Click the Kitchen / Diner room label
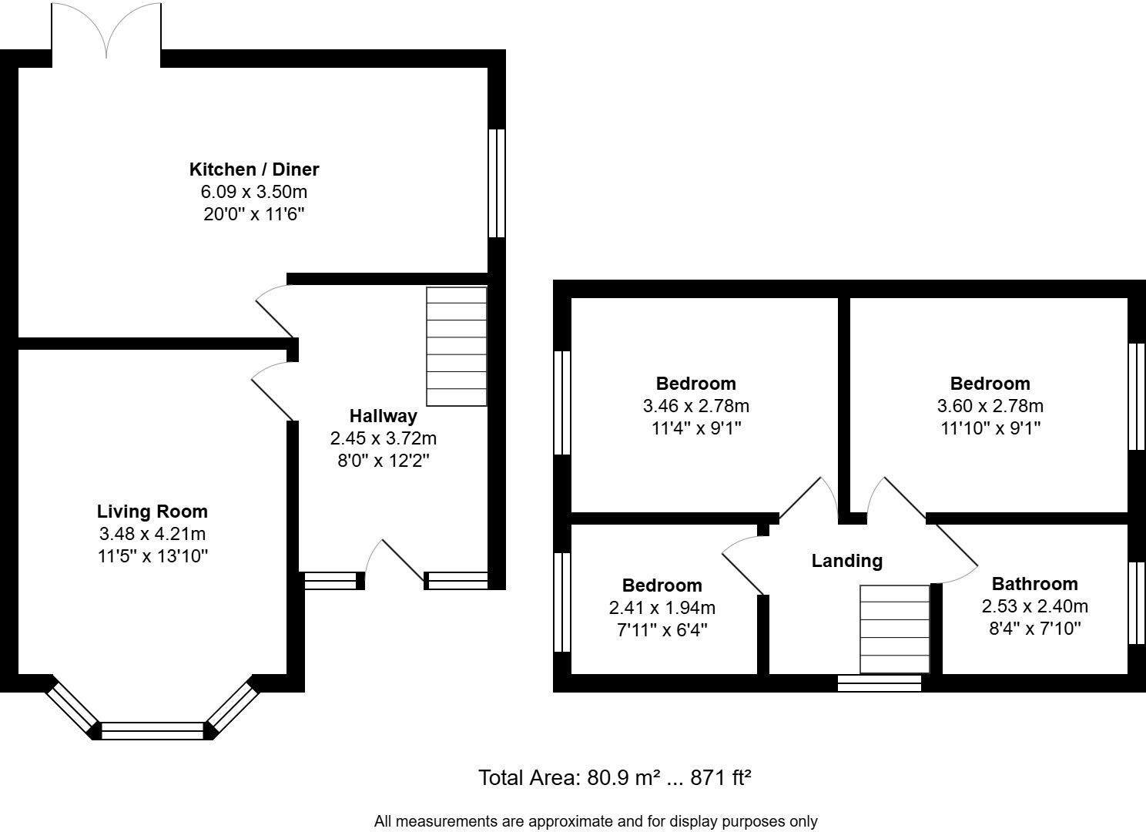pos(254,169)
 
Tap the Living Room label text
pos(152,512)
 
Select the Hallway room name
pos(383,416)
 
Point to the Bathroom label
pos(1034,584)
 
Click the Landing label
pos(846,561)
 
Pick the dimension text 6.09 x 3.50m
pos(254,192)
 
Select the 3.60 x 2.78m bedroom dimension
pos(990,406)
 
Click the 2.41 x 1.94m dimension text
pos(662,608)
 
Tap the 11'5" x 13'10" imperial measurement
pos(152,555)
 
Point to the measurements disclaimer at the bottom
pos(595,821)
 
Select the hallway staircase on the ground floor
pos(457,347)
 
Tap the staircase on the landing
pos(894,629)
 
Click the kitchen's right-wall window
pos(497,183)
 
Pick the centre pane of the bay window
pos(152,730)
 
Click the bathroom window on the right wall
pos(1136,602)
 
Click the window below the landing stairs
pos(879,683)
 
